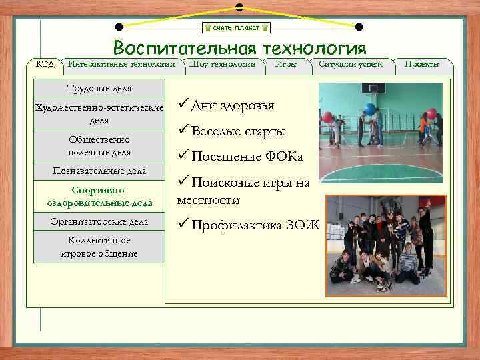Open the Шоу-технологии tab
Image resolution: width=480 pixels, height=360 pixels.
pos(222,64)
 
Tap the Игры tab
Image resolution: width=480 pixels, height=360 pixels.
pos(285,64)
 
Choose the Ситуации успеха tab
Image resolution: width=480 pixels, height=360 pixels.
pos(351,64)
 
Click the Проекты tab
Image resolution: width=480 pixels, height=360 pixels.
pos(421,64)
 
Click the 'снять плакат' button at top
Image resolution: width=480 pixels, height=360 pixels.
pos(237,28)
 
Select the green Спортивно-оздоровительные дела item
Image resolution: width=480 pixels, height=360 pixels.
pos(99,197)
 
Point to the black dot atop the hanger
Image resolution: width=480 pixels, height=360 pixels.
pos(239,7)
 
